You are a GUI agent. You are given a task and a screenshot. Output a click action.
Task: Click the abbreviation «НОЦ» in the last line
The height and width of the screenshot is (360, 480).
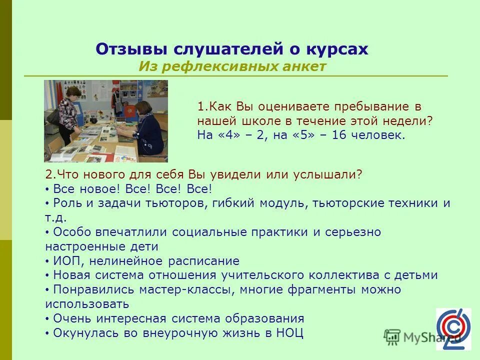pyautogui.click(x=289, y=333)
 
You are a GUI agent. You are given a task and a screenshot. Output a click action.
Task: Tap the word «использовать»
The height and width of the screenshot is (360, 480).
pyautogui.click(x=87, y=304)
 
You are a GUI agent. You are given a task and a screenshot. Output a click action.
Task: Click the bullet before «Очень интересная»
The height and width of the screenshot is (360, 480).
pyautogui.click(x=47, y=319)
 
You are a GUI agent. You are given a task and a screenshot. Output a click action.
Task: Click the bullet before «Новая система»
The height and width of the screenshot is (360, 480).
pyautogui.click(x=47, y=275)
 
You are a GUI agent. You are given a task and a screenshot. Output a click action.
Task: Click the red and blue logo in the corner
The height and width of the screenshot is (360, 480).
pyautogui.click(x=453, y=328)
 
